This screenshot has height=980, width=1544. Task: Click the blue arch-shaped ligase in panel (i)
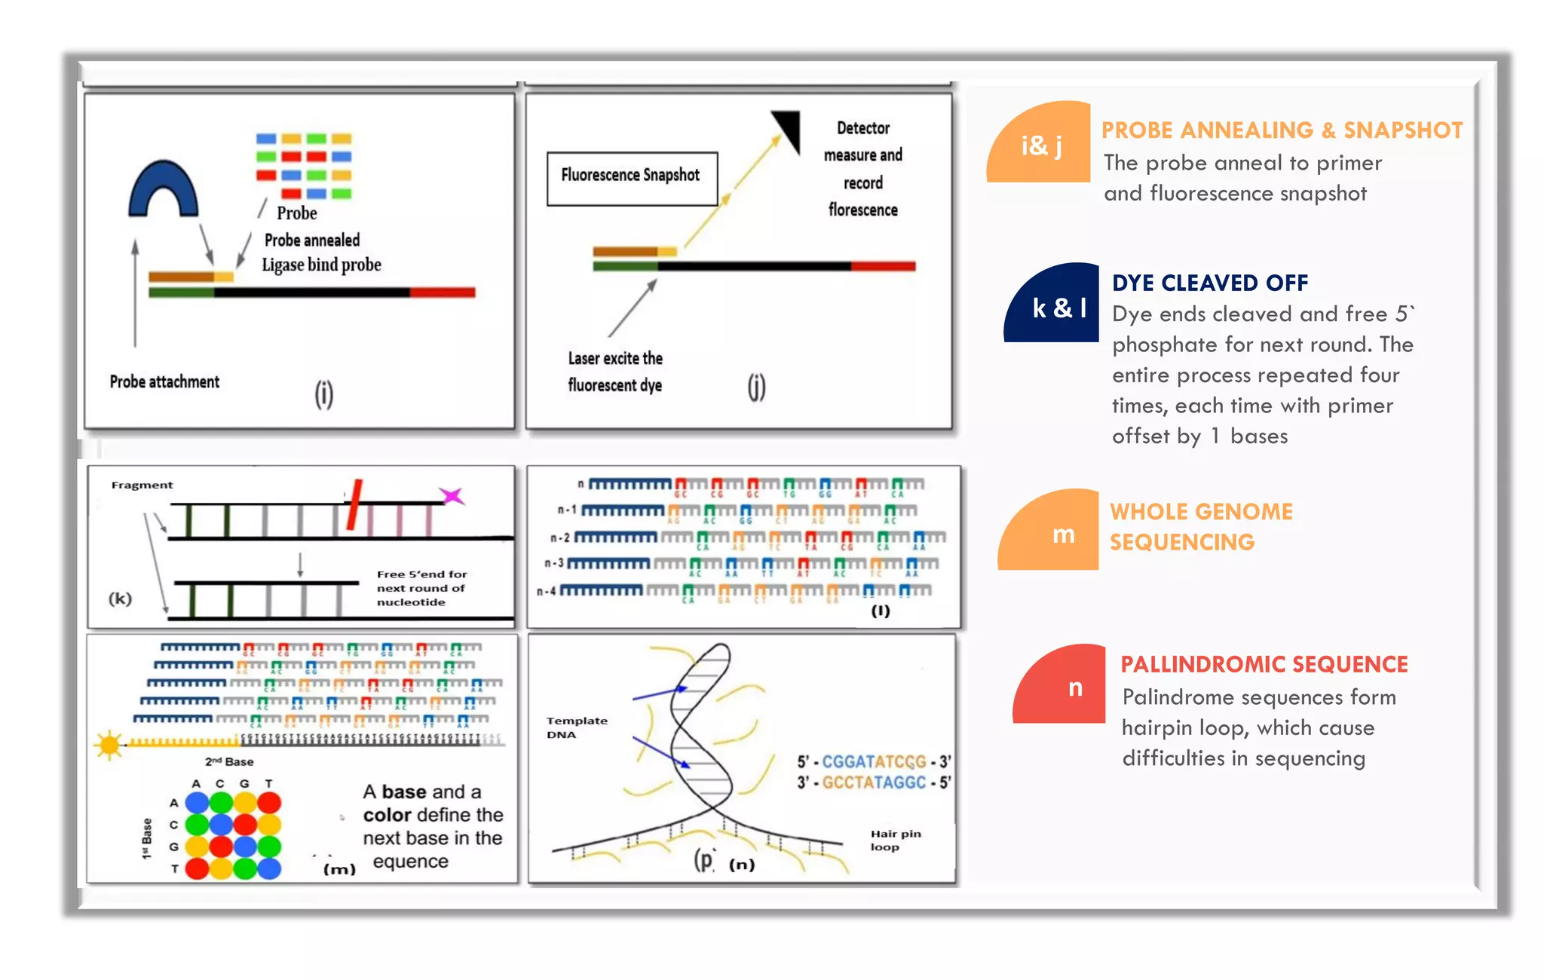pos(164,188)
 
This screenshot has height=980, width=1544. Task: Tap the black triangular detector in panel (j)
pos(789,128)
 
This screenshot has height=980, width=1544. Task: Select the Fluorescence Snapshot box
pos(632,178)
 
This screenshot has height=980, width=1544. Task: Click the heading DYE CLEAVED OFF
pos(1210,283)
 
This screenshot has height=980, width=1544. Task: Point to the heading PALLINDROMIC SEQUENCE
pos(1264,664)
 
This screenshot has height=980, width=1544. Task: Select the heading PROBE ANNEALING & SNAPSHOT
pos(1282,130)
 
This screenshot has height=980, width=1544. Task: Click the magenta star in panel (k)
pos(452,495)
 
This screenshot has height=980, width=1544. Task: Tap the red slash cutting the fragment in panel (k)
pos(354,504)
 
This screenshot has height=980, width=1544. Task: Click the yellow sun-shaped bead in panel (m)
pos(109,745)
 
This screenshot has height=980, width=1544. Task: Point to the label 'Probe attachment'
pos(164,382)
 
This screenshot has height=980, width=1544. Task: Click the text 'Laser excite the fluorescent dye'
pos(615,372)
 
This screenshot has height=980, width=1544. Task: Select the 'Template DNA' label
pos(577,727)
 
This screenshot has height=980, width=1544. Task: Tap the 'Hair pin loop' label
pos(896,840)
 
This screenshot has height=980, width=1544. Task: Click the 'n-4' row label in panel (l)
pos(547,591)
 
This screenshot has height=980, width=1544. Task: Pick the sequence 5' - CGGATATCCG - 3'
pos(874,761)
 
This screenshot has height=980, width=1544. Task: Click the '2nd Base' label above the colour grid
pos(229,761)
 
